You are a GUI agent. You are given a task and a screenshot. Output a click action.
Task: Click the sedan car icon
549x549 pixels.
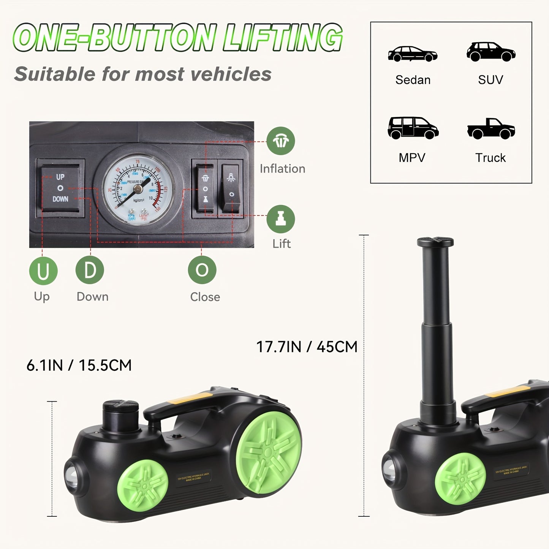click(x=413, y=54)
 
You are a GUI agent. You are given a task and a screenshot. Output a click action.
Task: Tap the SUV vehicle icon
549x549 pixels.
click(x=491, y=52)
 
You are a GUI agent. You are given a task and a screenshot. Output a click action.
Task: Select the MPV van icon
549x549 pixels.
click(x=413, y=128)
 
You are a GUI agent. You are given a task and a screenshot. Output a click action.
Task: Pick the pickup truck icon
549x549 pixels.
click(x=491, y=129)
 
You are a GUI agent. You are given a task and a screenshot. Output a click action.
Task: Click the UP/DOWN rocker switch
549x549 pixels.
click(x=60, y=188)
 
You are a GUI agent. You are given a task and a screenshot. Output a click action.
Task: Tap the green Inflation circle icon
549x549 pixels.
click(x=281, y=141)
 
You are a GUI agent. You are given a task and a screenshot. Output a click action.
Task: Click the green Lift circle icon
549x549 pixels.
click(x=281, y=219)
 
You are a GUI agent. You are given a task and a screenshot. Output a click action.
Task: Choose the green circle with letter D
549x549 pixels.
click(x=90, y=270)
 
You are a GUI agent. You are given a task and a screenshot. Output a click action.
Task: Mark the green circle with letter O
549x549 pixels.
click(x=202, y=270)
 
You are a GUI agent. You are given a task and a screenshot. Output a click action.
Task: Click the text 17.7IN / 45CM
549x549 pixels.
click(x=307, y=347)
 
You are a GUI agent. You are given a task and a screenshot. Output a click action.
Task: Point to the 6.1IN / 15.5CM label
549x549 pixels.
click(x=79, y=365)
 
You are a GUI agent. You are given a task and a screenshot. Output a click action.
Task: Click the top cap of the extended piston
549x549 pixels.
click(x=435, y=242)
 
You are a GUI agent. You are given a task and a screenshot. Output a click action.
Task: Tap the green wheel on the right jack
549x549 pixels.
click(x=460, y=479)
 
